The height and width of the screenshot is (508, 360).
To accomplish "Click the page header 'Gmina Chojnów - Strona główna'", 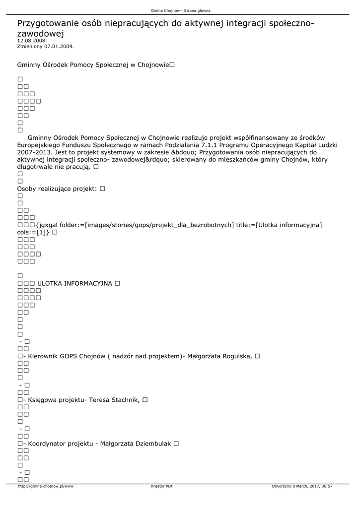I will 180,10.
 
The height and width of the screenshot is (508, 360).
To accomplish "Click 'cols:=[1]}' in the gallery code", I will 33,232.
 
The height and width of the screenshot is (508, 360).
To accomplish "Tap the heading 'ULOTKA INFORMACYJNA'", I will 75,283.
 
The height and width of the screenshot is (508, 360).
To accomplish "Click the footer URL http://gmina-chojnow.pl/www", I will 46,486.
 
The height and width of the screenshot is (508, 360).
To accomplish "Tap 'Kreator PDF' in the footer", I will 162,486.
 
